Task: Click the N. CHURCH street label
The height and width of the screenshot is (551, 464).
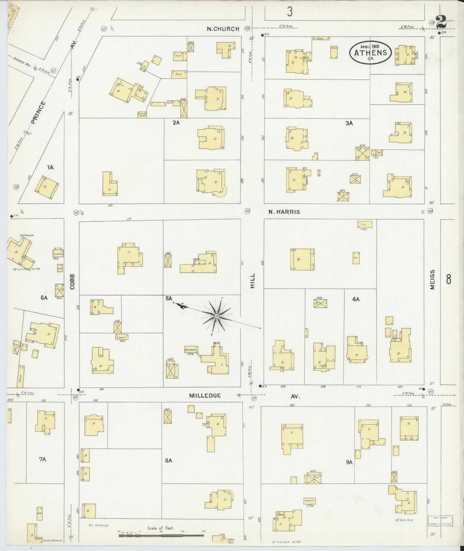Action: click(223, 29)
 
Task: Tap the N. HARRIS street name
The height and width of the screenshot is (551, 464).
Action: click(284, 212)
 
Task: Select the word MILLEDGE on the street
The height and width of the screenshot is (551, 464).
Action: click(205, 395)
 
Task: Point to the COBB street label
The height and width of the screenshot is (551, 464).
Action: click(72, 281)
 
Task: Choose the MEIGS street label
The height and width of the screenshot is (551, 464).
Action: click(432, 279)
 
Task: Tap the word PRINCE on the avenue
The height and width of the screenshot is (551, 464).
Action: click(38, 112)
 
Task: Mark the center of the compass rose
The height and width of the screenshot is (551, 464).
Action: click(217, 316)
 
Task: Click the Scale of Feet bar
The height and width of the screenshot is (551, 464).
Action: click(161, 536)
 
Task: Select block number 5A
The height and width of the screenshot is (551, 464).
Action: click(169, 299)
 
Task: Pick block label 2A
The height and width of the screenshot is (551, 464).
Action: click(176, 123)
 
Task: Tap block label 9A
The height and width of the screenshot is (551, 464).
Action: click(349, 462)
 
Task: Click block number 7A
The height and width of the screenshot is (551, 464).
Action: click(42, 459)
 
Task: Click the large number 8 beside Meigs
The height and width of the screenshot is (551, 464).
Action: click(448, 279)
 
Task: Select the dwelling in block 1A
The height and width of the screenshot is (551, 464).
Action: click(47, 187)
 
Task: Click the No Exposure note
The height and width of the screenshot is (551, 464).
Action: click(99, 525)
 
